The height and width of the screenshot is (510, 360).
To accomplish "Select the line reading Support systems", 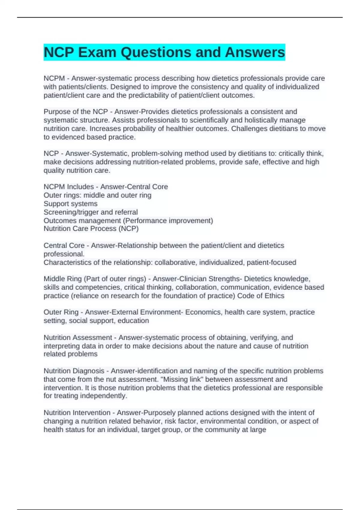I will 70,204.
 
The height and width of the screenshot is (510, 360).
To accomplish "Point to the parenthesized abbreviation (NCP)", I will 128,229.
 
